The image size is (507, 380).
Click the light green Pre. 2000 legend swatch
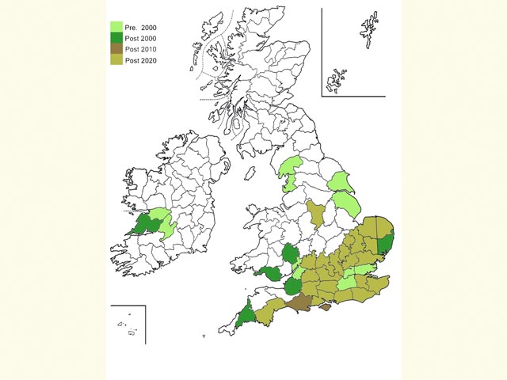click(116, 27)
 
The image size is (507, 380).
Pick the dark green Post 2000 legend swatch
click(116, 38)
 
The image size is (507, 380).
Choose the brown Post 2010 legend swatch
click(116, 49)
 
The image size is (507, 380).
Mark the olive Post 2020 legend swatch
click(116, 60)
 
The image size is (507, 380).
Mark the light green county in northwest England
click(289, 170)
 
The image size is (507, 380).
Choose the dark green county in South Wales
click(272, 274)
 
